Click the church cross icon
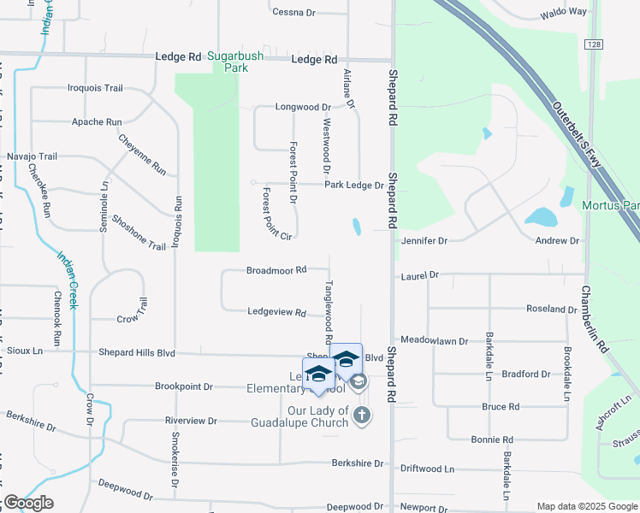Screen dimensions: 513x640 pos(362,416)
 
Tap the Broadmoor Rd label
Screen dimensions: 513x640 pos(276,270)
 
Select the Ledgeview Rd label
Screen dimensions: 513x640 pos(276,313)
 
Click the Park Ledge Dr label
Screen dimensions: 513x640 pos(353,185)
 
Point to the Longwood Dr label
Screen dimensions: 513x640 pos(302,107)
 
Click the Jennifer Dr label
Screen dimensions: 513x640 pos(424,241)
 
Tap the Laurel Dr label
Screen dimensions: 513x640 pos(419,275)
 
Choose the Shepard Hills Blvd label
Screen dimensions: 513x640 pos(136,352)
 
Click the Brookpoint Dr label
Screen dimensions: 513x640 pos(183,386)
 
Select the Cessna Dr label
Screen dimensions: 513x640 pos(294,12)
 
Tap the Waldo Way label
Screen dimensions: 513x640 pos(565,12)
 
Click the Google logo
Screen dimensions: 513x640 pos(28,503)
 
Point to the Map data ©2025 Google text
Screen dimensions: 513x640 pos(587,506)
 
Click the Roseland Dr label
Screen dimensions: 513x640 pos(552,309)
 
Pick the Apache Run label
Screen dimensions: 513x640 pos(97,122)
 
